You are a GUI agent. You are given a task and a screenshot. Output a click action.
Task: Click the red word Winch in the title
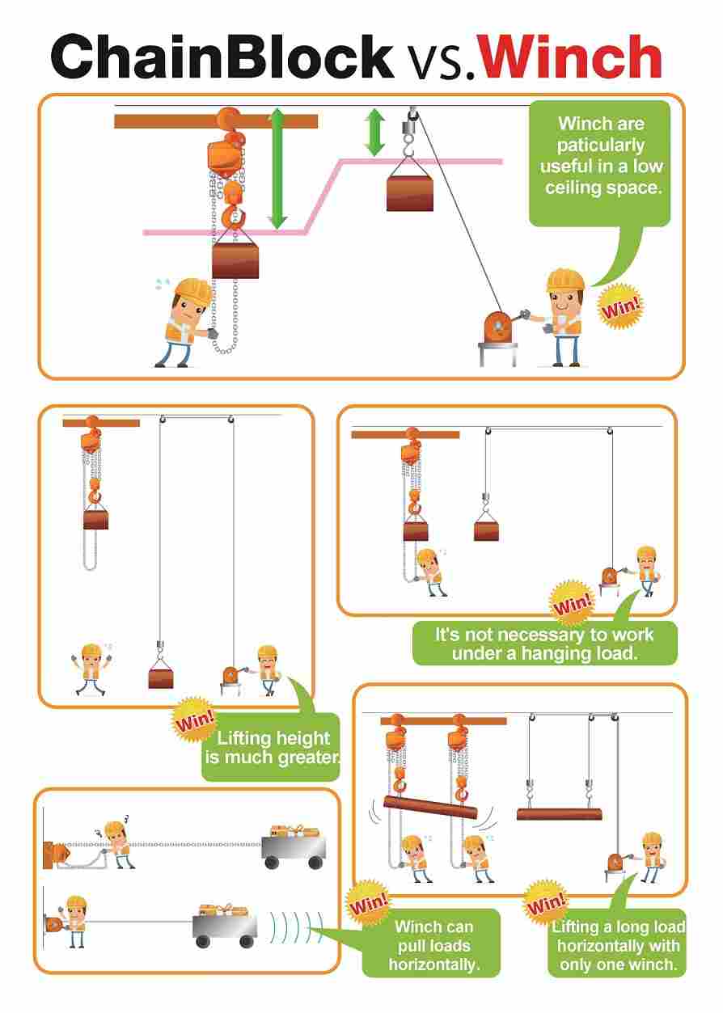pyautogui.click(x=570, y=57)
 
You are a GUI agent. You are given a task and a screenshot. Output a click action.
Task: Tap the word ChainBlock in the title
pyautogui.click(x=222, y=57)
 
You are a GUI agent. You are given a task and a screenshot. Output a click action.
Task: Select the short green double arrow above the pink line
pyautogui.click(x=374, y=132)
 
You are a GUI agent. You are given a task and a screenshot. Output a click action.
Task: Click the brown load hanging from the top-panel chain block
pyautogui.click(x=235, y=261)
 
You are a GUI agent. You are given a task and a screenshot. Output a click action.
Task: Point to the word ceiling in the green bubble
pyautogui.click(x=573, y=188)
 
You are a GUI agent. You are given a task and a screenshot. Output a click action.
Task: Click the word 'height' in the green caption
pyautogui.click(x=302, y=738)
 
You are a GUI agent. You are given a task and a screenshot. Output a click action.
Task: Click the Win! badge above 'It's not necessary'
pyautogui.click(x=572, y=604)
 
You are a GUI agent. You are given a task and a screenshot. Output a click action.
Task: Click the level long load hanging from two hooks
pyautogui.click(x=559, y=814)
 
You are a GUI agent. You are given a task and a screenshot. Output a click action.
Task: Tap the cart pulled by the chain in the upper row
pyautogui.click(x=294, y=847)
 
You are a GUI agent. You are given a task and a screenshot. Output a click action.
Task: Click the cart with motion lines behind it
pyautogui.click(x=225, y=924)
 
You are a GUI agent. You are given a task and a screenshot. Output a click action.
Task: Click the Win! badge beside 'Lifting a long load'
pyautogui.click(x=546, y=903)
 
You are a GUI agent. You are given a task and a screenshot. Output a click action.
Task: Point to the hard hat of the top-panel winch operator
pyautogui.click(x=565, y=280)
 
